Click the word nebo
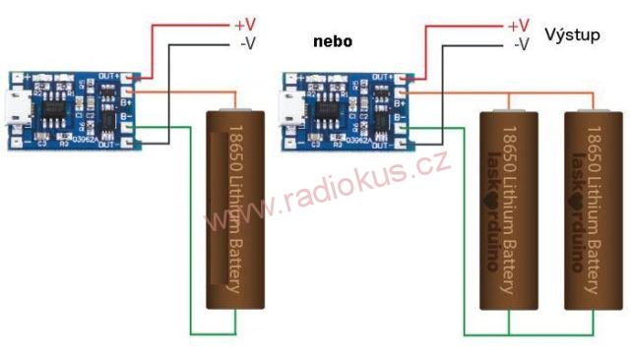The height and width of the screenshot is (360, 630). [333, 42]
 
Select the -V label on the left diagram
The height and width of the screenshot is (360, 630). [247, 42]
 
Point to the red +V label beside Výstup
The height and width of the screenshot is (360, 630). [517, 25]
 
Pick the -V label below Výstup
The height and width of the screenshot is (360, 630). [522, 44]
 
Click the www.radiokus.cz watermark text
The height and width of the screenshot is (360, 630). [325, 197]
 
